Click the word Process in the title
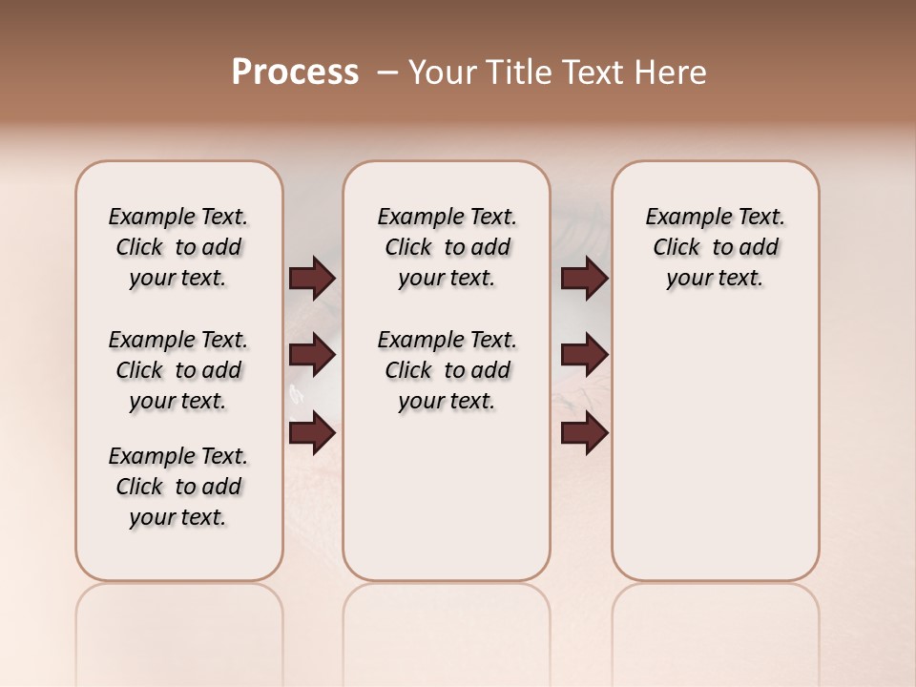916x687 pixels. click(x=295, y=73)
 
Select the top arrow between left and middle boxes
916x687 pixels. click(x=312, y=279)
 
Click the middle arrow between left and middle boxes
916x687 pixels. click(x=312, y=356)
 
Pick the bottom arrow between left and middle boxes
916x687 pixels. click(x=312, y=433)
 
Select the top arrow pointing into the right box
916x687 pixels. click(x=584, y=279)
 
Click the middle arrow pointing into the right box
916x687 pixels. click(x=584, y=356)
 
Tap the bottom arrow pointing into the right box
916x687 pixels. click(x=584, y=433)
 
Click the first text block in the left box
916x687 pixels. click(x=178, y=247)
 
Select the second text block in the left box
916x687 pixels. click(x=178, y=370)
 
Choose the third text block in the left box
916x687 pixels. click(x=178, y=487)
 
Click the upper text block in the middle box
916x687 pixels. click(x=447, y=247)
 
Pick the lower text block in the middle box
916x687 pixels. click(x=447, y=370)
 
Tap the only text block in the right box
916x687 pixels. click(x=715, y=247)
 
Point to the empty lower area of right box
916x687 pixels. click(x=715, y=458)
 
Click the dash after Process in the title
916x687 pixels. click(x=387, y=73)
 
